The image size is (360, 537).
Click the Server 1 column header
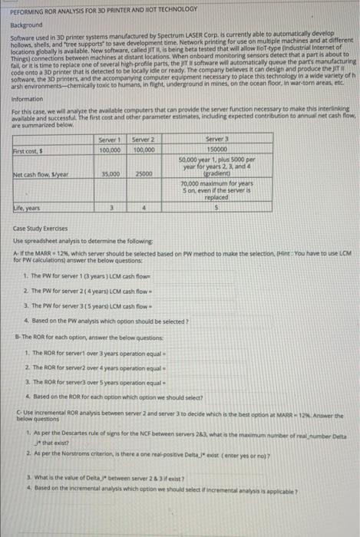pos(110,138)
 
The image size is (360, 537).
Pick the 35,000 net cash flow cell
pos(110,174)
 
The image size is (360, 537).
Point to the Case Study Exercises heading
pos(45,229)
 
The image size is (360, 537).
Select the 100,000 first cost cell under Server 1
pos(110,147)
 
